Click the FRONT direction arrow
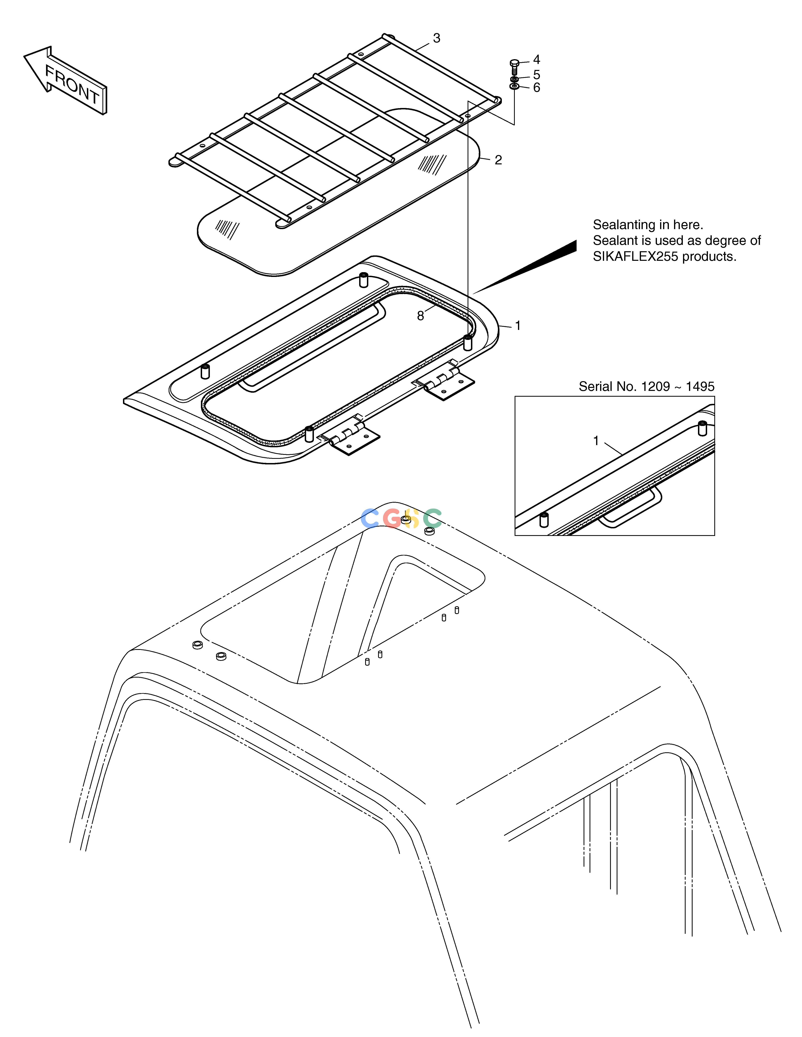pos(66,81)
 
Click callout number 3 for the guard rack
pos(437,38)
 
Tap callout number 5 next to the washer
pos(536,75)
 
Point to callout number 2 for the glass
pos(498,160)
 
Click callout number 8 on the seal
pos(421,316)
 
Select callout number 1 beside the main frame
pos(518,326)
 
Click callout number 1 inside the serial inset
pos(596,441)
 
